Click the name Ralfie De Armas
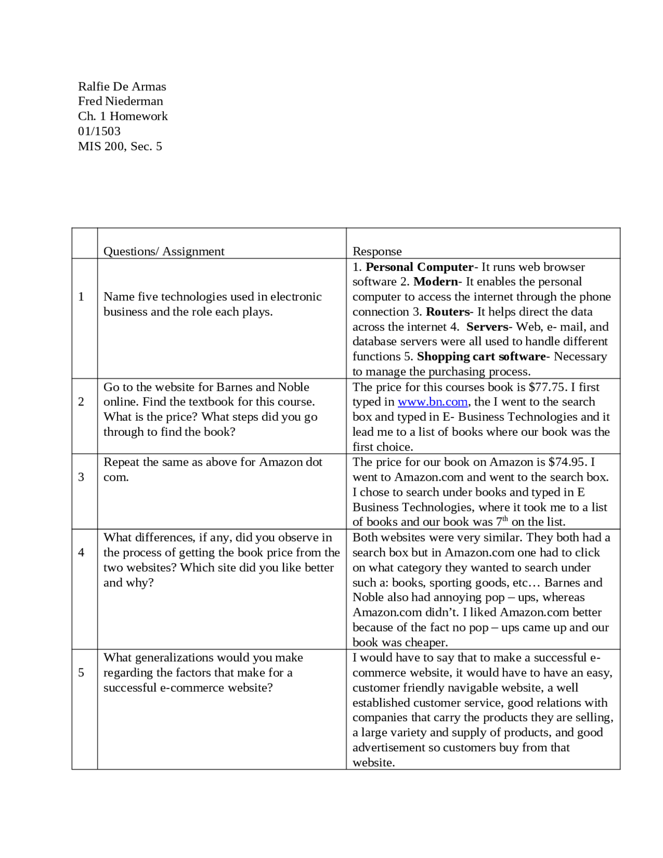pyautogui.click(x=122, y=87)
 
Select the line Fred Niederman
pyautogui.click(x=120, y=101)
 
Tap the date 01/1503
pyautogui.click(x=99, y=131)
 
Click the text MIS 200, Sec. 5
pyautogui.click(x=120, y=146)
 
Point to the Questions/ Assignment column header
pyautogui.click(x=164, y=251)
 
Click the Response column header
pyautogui.click(x=377, y=251)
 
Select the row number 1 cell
pyautogui.click(x=81, y=296)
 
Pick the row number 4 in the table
pyautogui.click(x=81, y=552)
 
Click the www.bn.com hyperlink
pyautogui.click(x=433, y=402)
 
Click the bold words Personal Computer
pyautogui.click(x=419, y=267)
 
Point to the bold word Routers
pyautogui.click(x=447, y=312)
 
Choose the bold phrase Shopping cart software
pyautogui.click(x=481, y=356)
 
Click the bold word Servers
pyautogui.click(x=487, y=327)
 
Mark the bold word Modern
pyautogui.click(x=435, y=282)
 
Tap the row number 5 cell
pyautogui.click(x=81, y=673)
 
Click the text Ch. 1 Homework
pyautogui.click(x=123, y=116)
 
